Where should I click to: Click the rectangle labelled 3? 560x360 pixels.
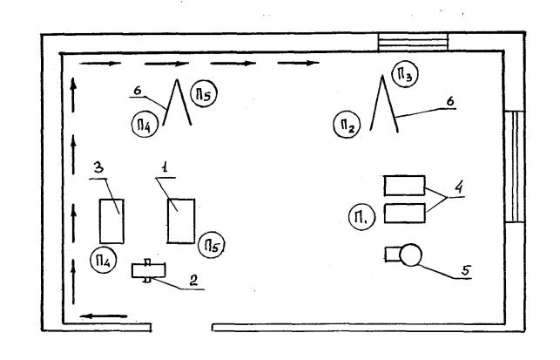tap(111, 221)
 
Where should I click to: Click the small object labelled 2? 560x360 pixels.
tap(149, 271)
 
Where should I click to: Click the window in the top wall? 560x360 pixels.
tap(413, 42)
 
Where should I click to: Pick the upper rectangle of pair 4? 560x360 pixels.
tap(404, 186)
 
